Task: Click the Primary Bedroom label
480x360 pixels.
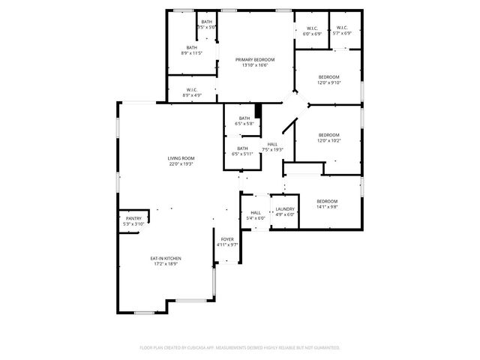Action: (x=254, y=60)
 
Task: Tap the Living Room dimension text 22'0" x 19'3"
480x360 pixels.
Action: (x=181, y=163)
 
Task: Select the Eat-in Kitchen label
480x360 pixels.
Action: (x=167, y=258)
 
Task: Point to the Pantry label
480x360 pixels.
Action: (x=133, y=218)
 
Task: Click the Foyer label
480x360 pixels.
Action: (x=226, y=239)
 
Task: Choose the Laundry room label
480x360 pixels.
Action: (x=284, y=209)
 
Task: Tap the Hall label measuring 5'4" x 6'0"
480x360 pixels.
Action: (x=256, y=213)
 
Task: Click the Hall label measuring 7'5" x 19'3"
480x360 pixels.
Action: (x=272, y=144)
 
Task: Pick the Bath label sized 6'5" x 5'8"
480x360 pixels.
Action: (x=244, y=118)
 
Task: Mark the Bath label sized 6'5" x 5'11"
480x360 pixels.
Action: (x=243, y=148)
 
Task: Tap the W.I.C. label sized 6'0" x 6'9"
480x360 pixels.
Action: (x=312, y=29)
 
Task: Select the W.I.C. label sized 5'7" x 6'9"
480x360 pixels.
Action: (x=342, y=29)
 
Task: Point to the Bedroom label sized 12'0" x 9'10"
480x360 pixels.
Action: (x=328, y=77)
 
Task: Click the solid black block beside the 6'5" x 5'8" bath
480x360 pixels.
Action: (x=259, y=111)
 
